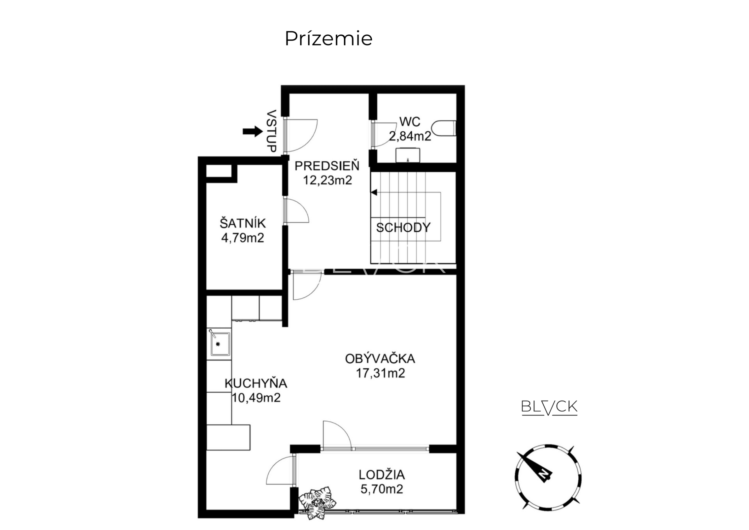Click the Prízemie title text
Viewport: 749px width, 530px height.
[329, 38]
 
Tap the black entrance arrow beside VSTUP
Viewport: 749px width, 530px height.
[253, 131]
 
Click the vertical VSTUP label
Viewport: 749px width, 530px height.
[272, 131]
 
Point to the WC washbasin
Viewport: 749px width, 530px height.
[408, 155]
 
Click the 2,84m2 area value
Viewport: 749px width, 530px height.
[410, 136]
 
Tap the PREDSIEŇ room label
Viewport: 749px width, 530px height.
[327, 166]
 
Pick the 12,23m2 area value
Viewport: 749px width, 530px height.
[328, 180]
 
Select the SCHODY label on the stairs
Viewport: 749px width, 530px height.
[403, 228]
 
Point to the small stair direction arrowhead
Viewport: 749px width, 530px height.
[374, 193]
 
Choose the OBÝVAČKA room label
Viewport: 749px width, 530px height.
[380, 359]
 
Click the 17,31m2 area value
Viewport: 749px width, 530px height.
[380, 373]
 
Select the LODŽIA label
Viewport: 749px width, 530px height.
[382, 474]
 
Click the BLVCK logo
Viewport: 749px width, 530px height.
[549, 407]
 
